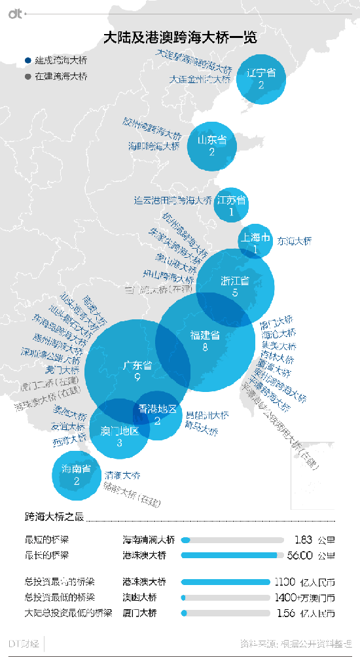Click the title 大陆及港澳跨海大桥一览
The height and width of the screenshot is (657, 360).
180,38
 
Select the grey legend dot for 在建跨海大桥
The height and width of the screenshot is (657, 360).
27,76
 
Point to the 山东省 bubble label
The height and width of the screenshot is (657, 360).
212,140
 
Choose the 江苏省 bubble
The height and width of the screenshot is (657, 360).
231,205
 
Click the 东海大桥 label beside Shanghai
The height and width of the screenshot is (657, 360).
295,241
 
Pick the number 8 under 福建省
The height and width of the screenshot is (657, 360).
205,348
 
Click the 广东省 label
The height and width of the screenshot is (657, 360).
137,365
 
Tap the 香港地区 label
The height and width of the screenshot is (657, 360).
158,409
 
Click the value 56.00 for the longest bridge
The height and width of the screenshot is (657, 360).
298,556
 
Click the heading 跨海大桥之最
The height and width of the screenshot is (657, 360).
54,517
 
